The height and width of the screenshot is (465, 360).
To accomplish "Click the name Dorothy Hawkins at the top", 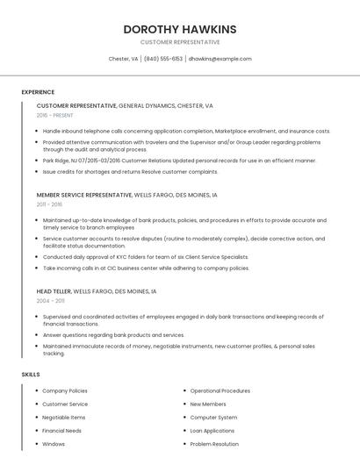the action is pyautogui.click(x=180, y=29).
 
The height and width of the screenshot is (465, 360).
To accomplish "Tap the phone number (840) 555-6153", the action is pyautogui.click(x=163, y=59).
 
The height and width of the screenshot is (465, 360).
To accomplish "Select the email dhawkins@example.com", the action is pyautogui.click(x=220, y=59).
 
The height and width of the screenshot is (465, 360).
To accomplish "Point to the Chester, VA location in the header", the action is pyautogui.click(x=123, y=59).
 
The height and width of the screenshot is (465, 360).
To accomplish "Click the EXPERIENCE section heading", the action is pyautogui.click(x=38, y=92).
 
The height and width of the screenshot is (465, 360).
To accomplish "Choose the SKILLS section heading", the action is pyautogui.click(x=31, y=375).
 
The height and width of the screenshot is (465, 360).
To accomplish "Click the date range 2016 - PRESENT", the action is pyautogui.click(x=55, y=115).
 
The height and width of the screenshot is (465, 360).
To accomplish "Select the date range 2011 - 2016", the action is pyautogui.click(x=50, y=204).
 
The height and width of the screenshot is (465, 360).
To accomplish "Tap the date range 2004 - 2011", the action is pyautogui.click(x=51, y=300).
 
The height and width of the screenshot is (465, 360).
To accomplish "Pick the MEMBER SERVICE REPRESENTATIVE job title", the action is pyautogui.click(x=83, y=194).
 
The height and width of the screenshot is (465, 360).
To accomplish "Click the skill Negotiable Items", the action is pyautogui.click(x=64, y=418).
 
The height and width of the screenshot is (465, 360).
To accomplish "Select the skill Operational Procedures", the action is pyautogui.click(x=220, y=390).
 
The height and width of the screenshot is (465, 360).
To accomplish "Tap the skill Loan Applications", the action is pyautogui.click(x=212, y=431).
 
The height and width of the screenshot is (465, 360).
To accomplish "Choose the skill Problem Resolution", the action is pyautogui.click(x=214, y=444).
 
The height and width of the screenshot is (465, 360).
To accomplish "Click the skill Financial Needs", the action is pyautogui.click(x=61, y=431).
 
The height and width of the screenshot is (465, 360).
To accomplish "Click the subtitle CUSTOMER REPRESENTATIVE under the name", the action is pyautogui.click(x=180, y=42).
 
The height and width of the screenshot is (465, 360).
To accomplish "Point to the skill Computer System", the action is pyautogui.click(x=213, y=418).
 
